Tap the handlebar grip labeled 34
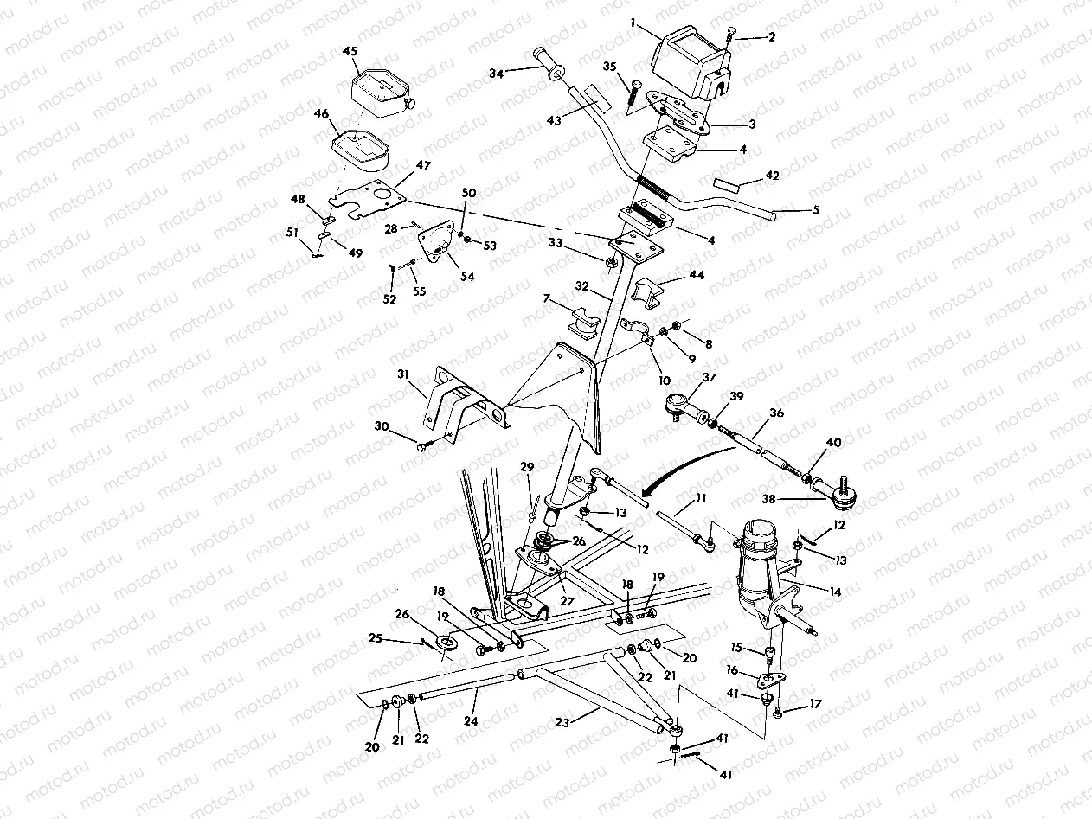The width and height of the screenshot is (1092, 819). [x=551, y=64]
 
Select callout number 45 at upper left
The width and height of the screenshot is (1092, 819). [x=350, y=51]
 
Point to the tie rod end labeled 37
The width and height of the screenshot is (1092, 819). [x=683, y=401]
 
